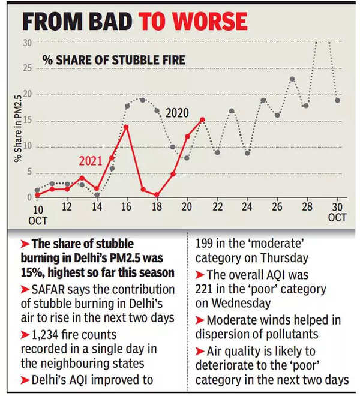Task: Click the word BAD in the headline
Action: [107, 22]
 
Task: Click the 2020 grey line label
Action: [177, 113]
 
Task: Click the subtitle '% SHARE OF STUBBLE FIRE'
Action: [113, 60]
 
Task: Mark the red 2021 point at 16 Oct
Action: [126, 127]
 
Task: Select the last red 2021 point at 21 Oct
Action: [202, 119]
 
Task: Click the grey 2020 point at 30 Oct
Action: [338, 100]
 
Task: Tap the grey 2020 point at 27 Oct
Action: [292, 79]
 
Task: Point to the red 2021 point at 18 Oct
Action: [157, 194]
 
